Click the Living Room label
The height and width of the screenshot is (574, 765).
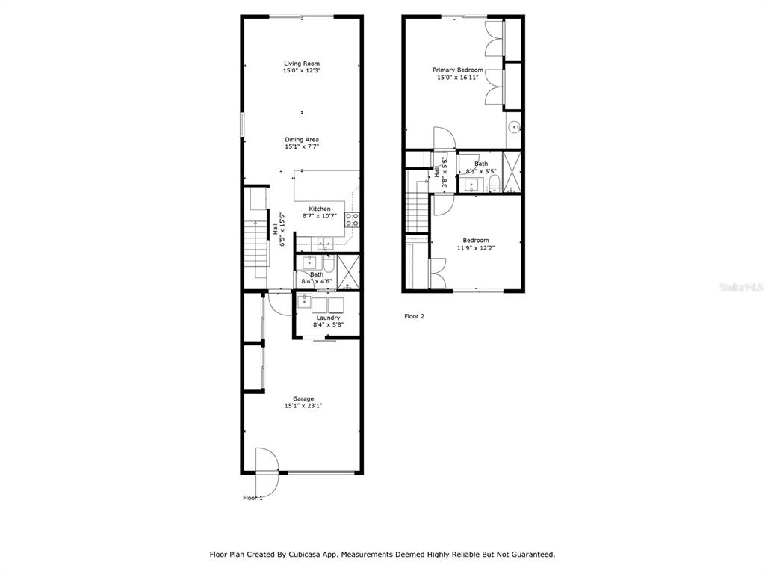tap(302, 64)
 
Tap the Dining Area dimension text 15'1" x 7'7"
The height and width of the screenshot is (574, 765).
tap(302, 146)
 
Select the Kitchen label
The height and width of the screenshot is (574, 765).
tap(320, 209)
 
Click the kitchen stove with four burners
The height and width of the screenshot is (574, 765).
tap(353, 220)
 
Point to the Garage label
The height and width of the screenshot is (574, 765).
tap(303, 399)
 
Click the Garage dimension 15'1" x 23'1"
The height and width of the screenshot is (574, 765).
tap(303, 406)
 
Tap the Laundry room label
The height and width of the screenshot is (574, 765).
tap(329, 318)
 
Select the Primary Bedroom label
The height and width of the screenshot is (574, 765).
tap(458, 70)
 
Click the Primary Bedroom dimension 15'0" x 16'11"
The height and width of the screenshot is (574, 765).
tap(458, 77)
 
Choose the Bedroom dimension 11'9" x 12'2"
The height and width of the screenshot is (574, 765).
tap(476, 248)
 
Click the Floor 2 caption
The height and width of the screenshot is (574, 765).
tap(414, 316)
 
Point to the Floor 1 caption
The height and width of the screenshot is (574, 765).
tap(253, 498)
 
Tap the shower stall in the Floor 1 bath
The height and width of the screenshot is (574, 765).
tap(348, 272)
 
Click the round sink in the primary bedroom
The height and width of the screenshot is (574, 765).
tap(514, 128)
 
